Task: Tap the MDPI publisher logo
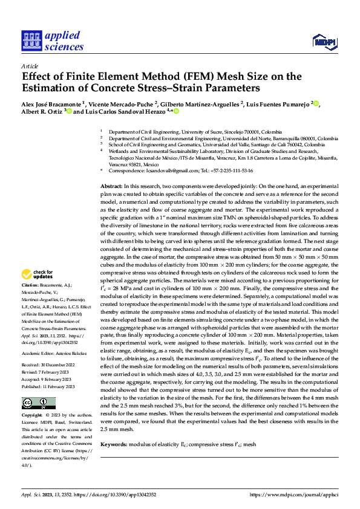(x=324, y=41)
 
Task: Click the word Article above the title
(x=30, y=65)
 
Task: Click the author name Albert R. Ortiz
(x=42, y=112)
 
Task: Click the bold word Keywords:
(x=113, y=444)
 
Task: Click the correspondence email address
(x=166, y=171)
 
